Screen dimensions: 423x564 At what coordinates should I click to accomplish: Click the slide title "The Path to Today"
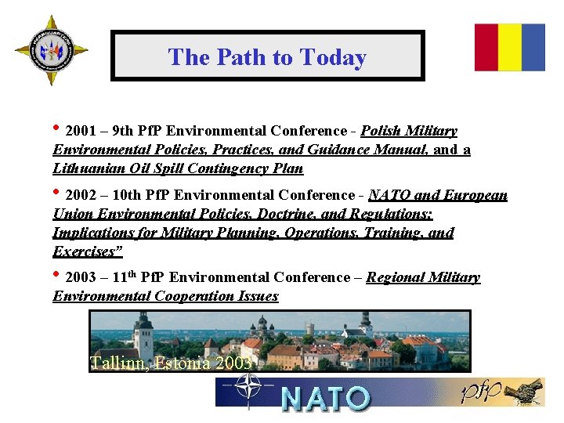(x=267, y=57)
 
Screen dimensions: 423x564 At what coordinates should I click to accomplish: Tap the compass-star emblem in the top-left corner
(x=51, y=51)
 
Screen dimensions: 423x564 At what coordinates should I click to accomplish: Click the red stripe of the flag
(x=486, y=47)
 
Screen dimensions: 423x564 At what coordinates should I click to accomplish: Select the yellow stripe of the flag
(x=510, y=47)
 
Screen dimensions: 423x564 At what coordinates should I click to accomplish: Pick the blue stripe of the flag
(x=533, y=47)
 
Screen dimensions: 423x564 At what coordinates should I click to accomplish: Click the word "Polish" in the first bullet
(x=383, y=131)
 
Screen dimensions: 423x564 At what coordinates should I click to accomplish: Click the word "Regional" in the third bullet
(x=396, y=277)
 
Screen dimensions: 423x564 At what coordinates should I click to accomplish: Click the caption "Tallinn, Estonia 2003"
(x=171, y=363)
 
